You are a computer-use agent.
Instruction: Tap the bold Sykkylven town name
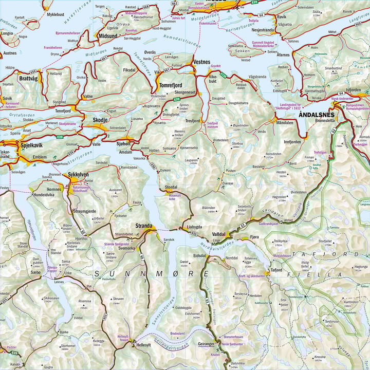pyautogui.click(x=79, y=175)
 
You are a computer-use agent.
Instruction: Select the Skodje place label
pyautogui.click(x=100, y=120)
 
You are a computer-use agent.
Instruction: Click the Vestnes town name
pyautogui.click(x=201, y=62)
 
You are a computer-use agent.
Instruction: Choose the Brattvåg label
pyautogui.click(x=29, y=79)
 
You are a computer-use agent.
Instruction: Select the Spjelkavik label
pyautogui.click(x=31, y=145)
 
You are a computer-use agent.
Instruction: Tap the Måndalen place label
pyautogui.click(x=284, y=124)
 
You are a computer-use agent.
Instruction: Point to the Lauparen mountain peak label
pyautogui.click(x=191, y=160)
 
